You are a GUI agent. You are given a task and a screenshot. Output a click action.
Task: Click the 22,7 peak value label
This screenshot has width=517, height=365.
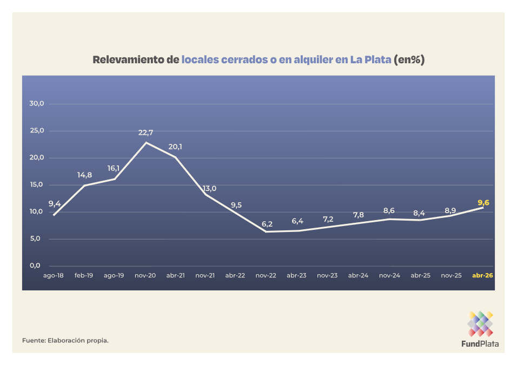tap(146, 132)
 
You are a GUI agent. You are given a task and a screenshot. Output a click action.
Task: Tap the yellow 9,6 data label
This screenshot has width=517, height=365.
tap(483, 203)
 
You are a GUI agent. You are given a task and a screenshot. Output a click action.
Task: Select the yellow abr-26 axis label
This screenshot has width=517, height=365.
tap(482, 275)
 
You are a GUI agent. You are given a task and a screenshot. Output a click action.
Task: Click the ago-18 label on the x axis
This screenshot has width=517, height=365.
tap(54, 275)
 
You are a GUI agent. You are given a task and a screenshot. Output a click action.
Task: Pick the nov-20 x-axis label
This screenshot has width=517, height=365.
tap(145, 275)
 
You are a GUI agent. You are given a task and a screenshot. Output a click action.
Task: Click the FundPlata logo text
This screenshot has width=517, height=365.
tap(480, 343)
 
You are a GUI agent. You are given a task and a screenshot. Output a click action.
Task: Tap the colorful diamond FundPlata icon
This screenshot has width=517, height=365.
tap(480, 323)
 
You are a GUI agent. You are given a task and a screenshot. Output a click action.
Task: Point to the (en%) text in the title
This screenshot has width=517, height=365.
tap(409, 59)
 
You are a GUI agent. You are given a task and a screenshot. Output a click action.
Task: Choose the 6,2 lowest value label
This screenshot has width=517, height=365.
tap(267, 224)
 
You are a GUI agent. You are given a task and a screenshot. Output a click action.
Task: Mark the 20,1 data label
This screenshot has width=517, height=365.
tap(175, 147)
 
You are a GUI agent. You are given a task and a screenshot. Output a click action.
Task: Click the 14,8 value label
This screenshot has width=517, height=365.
tap(85, 175)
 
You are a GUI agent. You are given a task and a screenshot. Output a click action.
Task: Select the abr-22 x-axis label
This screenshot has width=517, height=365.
tap(235, 275)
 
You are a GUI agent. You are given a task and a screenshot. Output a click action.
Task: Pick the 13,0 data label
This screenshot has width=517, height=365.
tap(209, 188)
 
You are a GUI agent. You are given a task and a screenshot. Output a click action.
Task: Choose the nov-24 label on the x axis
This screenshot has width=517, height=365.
tap(389, 275)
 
